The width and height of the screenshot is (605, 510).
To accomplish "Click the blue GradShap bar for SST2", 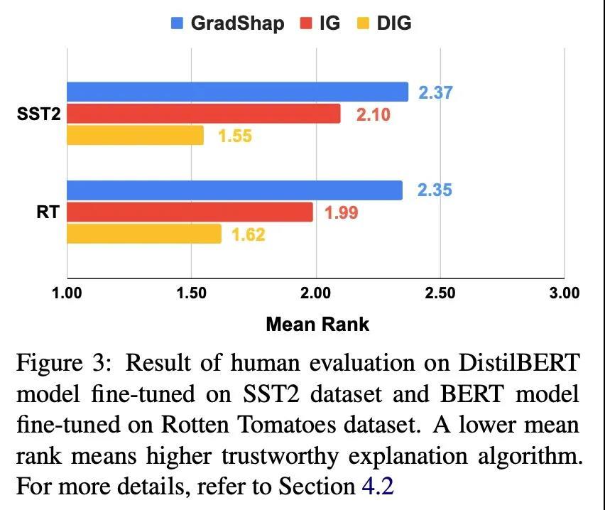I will [x=237, y=92].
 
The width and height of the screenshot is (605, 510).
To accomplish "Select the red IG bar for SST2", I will [x=203, y=114].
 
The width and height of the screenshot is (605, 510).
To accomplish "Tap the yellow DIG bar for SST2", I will [x=135, y=135].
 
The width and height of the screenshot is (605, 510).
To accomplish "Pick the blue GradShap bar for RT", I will [x=234, y=190].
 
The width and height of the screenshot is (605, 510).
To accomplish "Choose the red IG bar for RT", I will [x=190, y=212].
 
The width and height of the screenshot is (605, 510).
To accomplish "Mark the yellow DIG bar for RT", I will [x=143, y=234].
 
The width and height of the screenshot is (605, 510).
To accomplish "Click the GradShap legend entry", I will [x=228, y=23].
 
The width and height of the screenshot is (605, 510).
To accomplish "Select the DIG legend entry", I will [x=385, y=23].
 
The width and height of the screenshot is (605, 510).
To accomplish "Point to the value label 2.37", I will [x=435, y=92].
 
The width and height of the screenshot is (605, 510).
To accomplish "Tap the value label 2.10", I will [x=373, y=114].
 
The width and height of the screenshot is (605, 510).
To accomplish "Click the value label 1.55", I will [x=235, y=136].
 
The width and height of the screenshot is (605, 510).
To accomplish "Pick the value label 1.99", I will [x=341, y=212].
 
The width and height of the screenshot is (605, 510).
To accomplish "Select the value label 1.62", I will [x=248, y=234].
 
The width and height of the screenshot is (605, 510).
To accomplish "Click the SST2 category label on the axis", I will [x=38, y=114].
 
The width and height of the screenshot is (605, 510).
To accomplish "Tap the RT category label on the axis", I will [x=48, y=212].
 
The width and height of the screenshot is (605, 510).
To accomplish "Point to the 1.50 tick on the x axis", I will [x=191, y=293].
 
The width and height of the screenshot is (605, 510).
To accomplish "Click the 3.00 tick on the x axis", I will [x=563, y=293].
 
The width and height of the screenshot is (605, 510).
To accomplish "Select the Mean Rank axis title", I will [x=317, y=325].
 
